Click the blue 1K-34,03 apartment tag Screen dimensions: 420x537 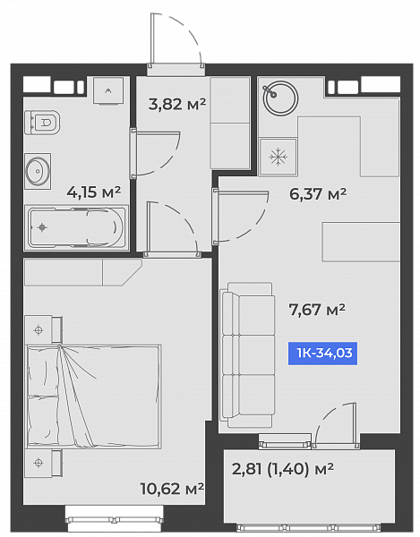(322, 354)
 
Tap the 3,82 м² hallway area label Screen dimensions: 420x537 (177, 104)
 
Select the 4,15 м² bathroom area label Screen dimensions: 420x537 (94, 192)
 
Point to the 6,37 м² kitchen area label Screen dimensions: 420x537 (318, 194)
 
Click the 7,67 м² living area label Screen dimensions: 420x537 (317, 310)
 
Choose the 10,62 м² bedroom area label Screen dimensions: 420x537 (172, 489)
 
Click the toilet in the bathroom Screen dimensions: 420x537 (42, 123)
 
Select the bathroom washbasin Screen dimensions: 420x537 (38, 171)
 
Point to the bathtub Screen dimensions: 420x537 (76, 227)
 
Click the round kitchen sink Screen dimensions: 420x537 (280, 98)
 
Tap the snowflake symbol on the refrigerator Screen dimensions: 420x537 (278, 158)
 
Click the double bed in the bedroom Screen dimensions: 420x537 (93, 396)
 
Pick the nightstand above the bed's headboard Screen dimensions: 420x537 (44, 329)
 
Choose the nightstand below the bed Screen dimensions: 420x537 (44, 463)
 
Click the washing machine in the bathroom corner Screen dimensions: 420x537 (108, 90)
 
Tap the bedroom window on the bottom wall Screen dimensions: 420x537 (115, 519)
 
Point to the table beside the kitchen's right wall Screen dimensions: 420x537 (361, 242)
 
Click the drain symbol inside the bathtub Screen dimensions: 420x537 (42, 227)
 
